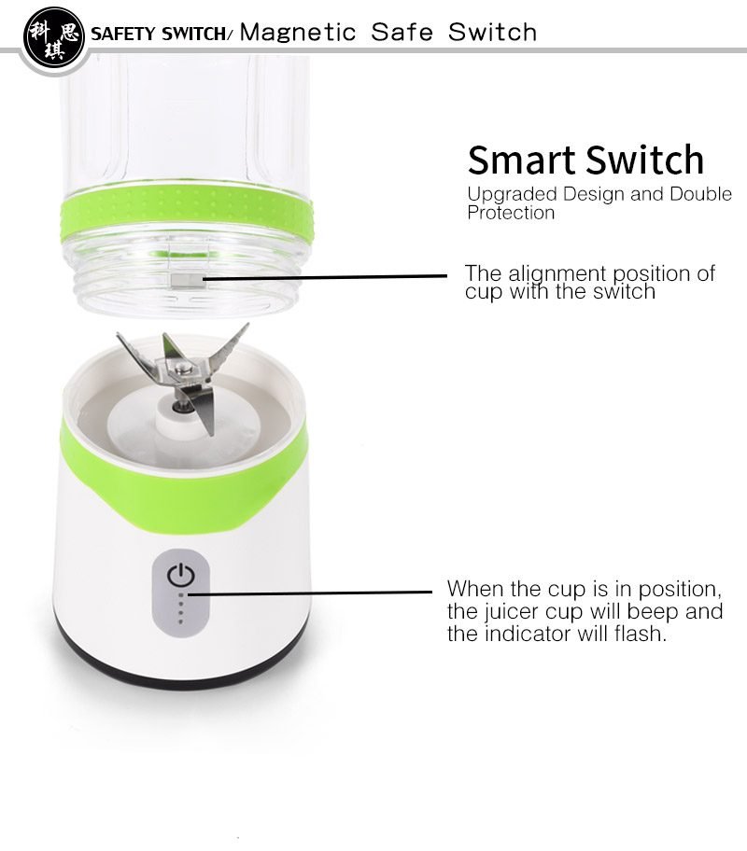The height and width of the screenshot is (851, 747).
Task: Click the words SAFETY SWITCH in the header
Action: coord(159,35)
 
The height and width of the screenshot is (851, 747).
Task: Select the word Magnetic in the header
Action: coord(298,33)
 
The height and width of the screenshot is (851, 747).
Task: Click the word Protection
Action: coord(511,213)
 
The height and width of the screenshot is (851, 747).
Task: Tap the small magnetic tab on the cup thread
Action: coord(185,278)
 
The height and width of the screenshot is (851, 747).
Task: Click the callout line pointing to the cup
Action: coord(327,276)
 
